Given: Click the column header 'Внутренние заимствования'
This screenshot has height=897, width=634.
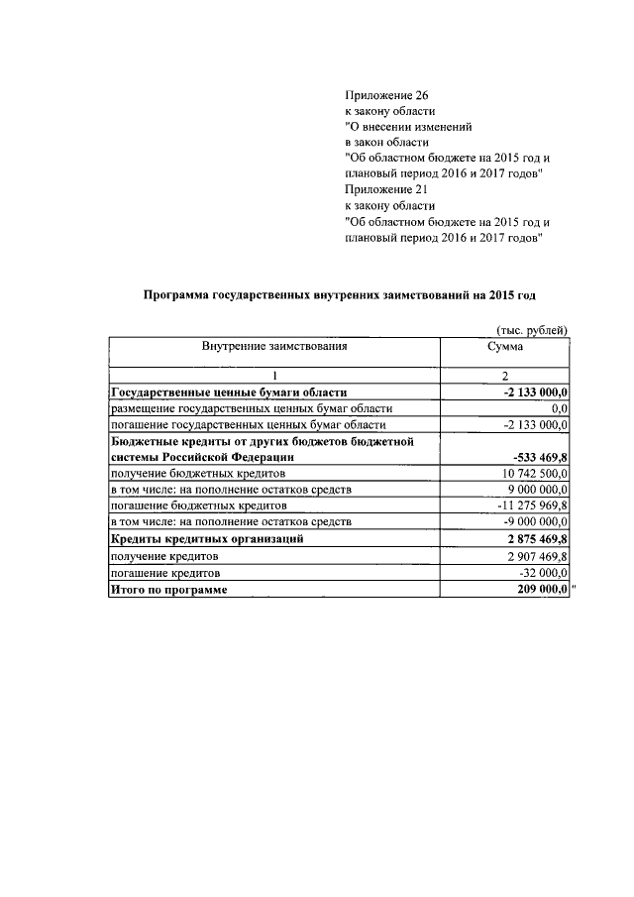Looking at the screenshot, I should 274,347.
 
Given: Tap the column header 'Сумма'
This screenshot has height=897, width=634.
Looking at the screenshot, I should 505,347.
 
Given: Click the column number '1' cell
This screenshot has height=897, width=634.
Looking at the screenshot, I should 274,377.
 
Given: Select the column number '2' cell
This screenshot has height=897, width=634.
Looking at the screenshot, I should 505,377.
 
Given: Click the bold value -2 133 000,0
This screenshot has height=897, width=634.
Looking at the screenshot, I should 535,392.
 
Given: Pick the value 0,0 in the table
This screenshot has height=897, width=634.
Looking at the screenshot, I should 559,408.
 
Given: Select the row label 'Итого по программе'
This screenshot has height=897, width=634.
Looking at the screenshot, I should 168,590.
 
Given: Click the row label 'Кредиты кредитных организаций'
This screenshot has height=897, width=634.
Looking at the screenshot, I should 206,539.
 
